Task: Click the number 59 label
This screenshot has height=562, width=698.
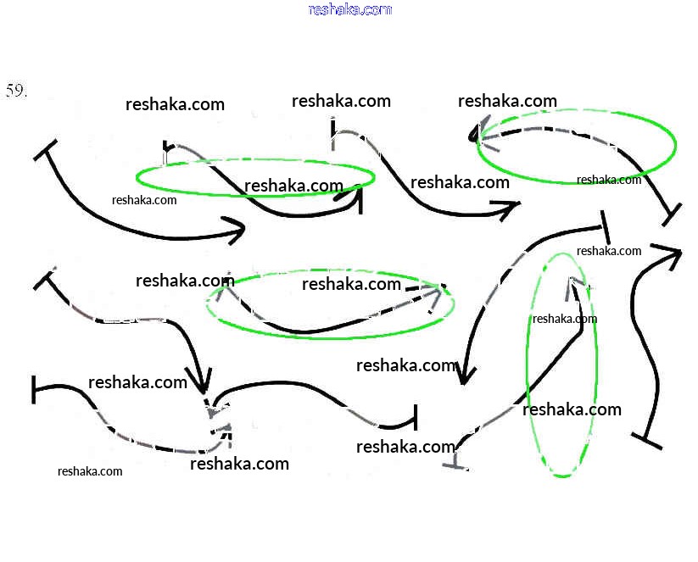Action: click(17, 92)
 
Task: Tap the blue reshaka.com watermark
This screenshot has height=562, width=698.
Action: click(350, 9)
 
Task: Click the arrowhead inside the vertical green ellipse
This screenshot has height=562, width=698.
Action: click(572, 287)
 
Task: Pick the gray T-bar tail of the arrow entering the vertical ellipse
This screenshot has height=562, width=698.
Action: click(458, 463)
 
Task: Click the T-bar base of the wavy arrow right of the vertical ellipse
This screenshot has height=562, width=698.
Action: click(647, 439)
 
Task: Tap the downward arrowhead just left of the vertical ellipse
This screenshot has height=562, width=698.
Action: click(462, 374)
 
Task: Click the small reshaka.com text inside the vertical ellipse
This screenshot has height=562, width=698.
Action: click(565, 319)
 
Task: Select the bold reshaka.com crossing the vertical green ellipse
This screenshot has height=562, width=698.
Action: click(572, 409)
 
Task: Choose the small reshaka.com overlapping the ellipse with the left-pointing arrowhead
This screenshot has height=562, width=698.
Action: click(609, 180)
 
